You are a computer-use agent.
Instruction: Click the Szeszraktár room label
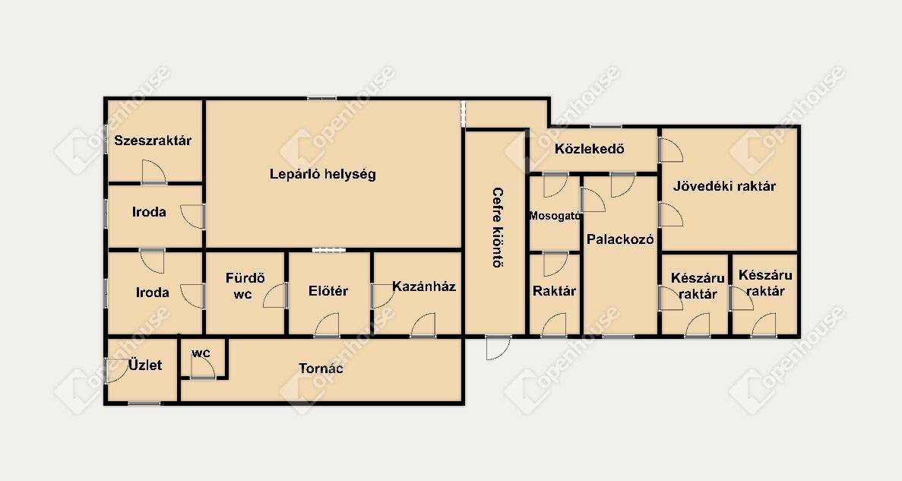click(153, 141)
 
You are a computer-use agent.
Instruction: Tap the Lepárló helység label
click(323, 174)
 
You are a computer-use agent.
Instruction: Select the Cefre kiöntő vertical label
click(498, 228)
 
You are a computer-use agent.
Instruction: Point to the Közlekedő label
click(590, 149)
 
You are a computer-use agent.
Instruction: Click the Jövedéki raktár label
click(724, 186)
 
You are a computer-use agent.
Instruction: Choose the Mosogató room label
click(555, 217)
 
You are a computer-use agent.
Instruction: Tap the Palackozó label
click(620, 239)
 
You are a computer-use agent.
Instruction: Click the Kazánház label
click(424, 286)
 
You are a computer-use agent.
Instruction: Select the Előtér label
click(328, 291)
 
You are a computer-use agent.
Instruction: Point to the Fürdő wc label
click(245, 286)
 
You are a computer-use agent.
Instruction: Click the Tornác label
click(321, 369)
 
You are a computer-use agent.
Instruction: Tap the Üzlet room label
click(145, 365)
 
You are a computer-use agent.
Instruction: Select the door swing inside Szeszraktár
click(154, 172)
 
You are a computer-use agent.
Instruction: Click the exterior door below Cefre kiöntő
click(498, 347)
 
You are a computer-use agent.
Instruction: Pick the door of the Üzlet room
click(117, 371)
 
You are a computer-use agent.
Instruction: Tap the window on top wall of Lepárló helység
click(321, 99)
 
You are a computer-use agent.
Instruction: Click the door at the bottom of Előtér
click(327, 325)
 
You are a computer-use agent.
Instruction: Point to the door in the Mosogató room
click(555, 185)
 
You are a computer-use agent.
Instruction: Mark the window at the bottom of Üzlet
click(144, 403)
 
